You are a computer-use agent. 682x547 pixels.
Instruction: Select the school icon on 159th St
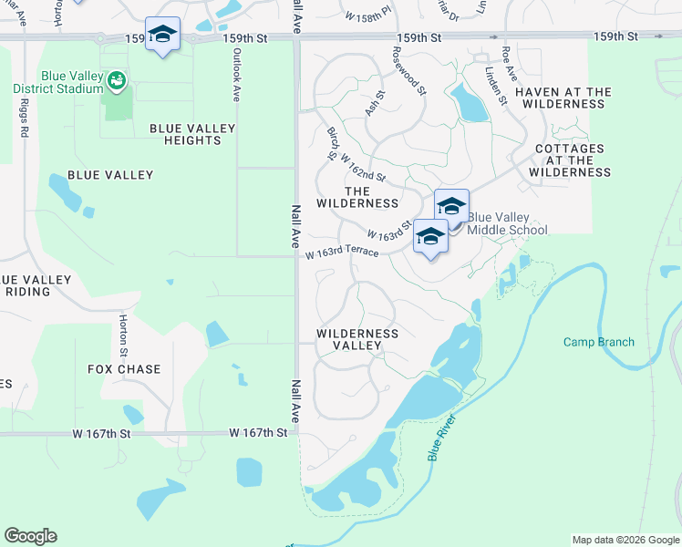click(x=162, y=36)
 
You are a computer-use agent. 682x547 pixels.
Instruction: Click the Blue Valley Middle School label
click(x=507, y=223)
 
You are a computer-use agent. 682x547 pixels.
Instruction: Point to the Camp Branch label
click(x=598, y=343)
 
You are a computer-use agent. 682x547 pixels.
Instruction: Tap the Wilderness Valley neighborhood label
click(x=357, y=339)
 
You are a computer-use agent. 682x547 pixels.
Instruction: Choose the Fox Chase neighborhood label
click(x=124, y=369)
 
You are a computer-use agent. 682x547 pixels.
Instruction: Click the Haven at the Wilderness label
click(x=563, y=98)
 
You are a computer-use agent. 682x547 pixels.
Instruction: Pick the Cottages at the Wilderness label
click(x=570, y=160)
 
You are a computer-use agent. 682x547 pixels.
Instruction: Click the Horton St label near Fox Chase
click(x=123, y=335)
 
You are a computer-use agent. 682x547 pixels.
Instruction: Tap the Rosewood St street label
click(x=409, y=72)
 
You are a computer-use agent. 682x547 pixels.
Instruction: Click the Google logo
click(x=30, y=536)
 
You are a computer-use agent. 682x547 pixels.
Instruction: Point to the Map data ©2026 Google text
click(x=625, y=540)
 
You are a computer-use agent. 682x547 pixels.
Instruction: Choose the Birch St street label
click(x=333, y=144)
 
